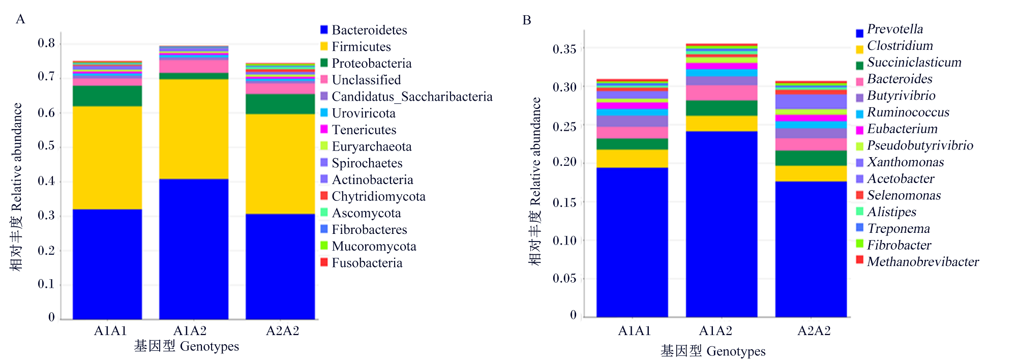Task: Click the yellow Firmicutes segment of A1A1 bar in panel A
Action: [x=107, y=158]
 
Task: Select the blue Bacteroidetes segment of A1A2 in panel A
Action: [x=194, y=249]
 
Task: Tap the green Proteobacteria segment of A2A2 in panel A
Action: [x=280, y=104]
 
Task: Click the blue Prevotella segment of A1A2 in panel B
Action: [x=722, y=224]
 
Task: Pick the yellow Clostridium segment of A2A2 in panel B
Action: [x=811, y=173]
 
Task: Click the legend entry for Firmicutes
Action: [x=356, y=47]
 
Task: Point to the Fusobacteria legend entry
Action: [x=362, y=263]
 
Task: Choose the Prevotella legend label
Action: [x=895, y=29]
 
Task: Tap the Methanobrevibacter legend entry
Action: [x=918, y=261]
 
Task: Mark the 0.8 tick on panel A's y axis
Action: [x=61, y=44]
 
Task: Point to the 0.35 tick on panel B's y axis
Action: [x=583, y=49]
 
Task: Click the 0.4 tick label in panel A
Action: [x=46, y=181]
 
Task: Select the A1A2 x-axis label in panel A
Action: [x=190, y=331]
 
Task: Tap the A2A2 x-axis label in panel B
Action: [x=814, y=331]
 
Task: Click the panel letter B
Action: [x=527, y=20]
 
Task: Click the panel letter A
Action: [x=20, y=19]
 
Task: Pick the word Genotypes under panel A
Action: [x=210, y=347]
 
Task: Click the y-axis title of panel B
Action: [x=535, y=182]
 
